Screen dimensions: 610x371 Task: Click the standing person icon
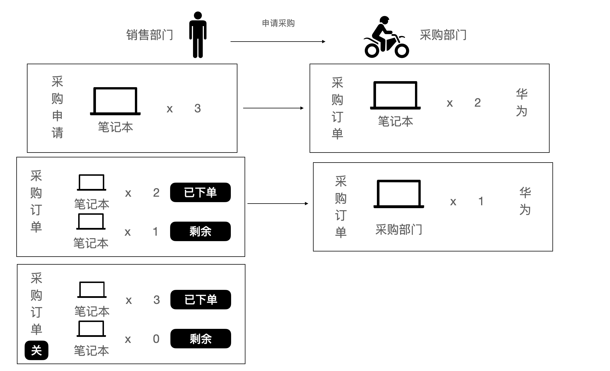click(198, 35)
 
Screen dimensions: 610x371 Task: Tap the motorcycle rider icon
click(386, 37)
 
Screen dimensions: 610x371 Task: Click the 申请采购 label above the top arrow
click(278, 23)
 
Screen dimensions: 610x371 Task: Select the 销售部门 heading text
click(150, 35)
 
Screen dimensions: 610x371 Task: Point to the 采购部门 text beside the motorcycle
click(443, 35)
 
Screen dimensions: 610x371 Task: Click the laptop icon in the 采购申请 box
click(115, 101)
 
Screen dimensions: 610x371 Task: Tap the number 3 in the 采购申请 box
click(198, 108)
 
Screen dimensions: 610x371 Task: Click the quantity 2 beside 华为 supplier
click(477, 103)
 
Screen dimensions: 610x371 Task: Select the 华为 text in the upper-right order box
click(522, 103)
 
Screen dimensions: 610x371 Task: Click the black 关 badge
click(36, 350)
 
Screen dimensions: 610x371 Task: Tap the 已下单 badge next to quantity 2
click(200, 192)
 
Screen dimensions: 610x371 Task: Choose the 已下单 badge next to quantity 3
click(201, 300)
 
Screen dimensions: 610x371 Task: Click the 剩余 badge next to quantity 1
click(200, 231)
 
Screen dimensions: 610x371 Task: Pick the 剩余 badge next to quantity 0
click(201, 339)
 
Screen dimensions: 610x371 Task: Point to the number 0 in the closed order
click(156, 339)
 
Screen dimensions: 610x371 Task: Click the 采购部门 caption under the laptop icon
click(399, 230)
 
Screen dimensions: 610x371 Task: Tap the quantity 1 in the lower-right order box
click(481, 201)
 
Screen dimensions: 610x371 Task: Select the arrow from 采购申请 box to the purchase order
click(273, 108)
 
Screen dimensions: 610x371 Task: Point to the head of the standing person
click(198, 15)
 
